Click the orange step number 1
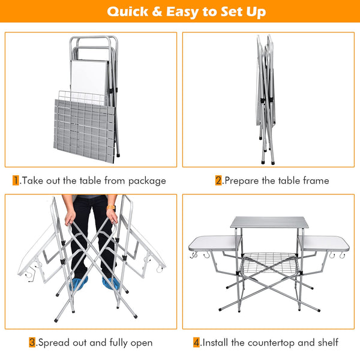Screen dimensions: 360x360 click(x=16, y=181)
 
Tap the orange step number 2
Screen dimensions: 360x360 click(x=218, y=181)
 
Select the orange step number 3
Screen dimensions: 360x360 click(x=32, y=343)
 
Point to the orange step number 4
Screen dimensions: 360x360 click(x=197, y=343)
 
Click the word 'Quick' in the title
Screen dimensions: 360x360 click(x=128, y=11)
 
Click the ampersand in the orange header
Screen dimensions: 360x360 click(x=157, y=11)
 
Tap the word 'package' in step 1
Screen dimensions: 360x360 click(x=147, y=181)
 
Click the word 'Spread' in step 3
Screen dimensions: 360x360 click(x=54, y=343)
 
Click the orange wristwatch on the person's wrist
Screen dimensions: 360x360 click(x=111, y=208)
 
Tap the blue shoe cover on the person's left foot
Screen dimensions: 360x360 click(x=110, y=283)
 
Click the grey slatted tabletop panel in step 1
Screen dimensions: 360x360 click(x=84, y=131)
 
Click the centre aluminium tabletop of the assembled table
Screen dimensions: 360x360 click(x=269, y=222)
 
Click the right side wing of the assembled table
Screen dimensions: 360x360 click(x=324, y=244)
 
